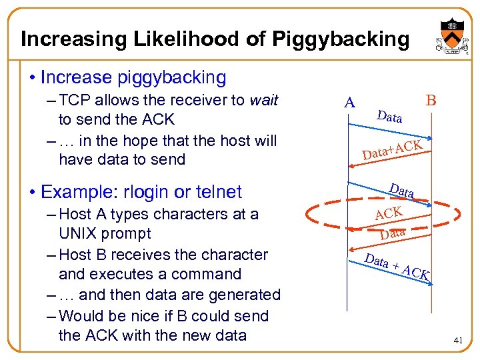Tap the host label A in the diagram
pyautogui.click(x=349, y=103)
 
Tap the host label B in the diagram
pyautogui.click(x=431, y=101)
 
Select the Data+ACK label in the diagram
pyautogui.click(x=393, y=150)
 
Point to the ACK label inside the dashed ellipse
pyautogui.click(x=389, y=213)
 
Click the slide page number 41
pyautogui.click(x=458, y=341)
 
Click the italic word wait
pyautogui.click(x=263, y=100)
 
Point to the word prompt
pyautogui.click(x=129, y=234)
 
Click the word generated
pyautogui.click(x=243, y=295)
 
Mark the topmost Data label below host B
pyautogui.click(x=389, y=117)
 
